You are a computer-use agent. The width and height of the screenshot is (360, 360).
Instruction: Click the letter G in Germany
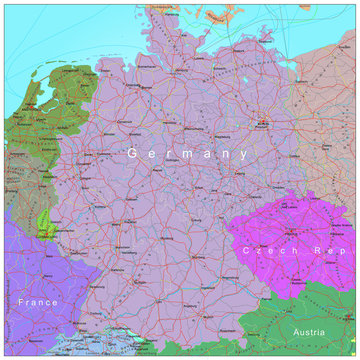point(133,153)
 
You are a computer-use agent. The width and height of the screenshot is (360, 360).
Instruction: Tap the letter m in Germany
point(187,154)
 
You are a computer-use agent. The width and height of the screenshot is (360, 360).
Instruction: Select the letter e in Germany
point(151,154)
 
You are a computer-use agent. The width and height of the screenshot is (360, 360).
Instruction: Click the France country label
point(38,301)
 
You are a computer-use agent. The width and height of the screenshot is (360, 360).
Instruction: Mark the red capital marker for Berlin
point(263,124)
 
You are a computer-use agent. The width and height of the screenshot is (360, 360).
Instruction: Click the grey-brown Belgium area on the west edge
point(18,185)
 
